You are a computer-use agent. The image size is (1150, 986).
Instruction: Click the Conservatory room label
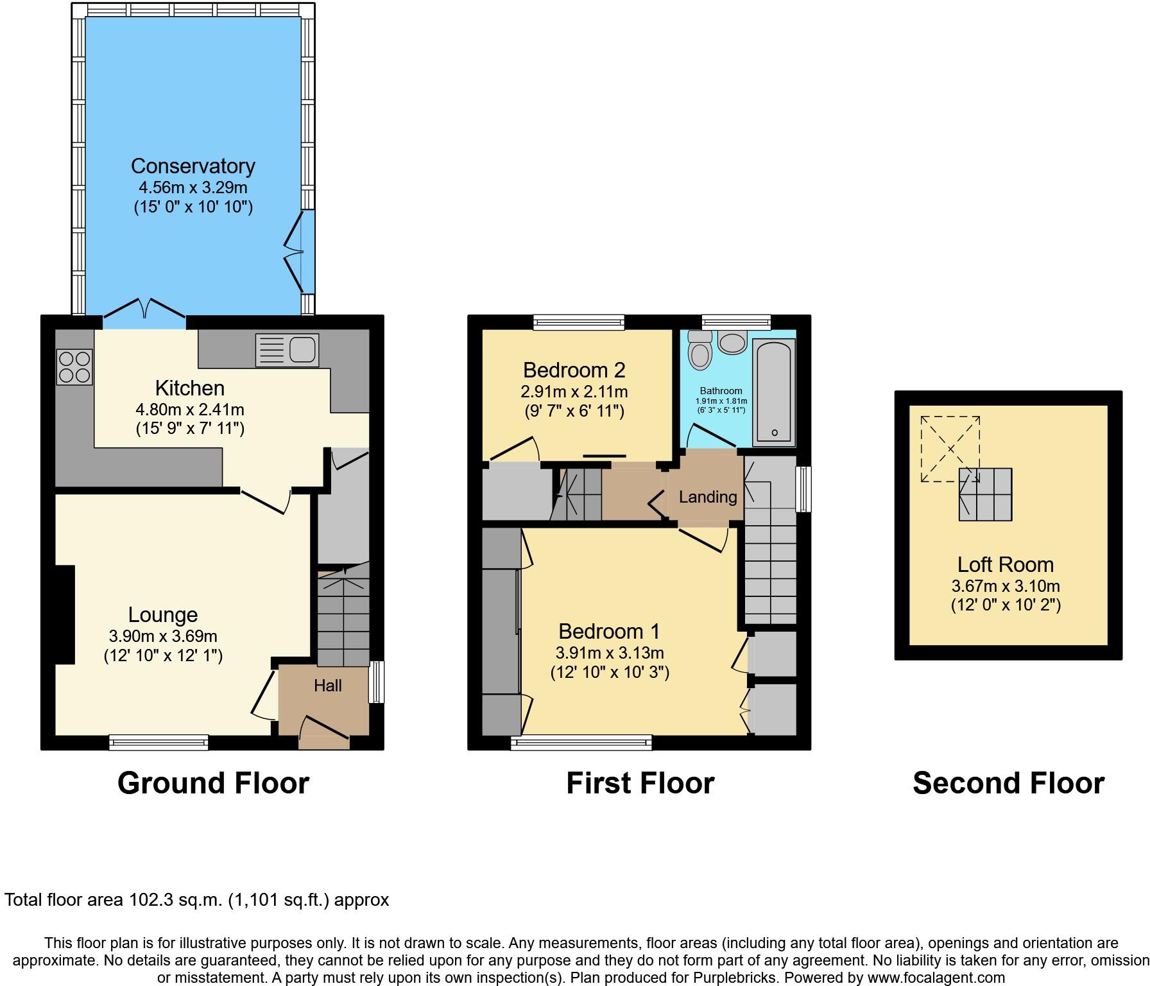click(x=193, y=166)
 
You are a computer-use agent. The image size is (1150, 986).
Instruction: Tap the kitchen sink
click(x=287, y=350)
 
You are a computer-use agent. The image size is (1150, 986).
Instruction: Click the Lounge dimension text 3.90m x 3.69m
click(x=163, y=636)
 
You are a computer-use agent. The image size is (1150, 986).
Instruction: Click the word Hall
click(x=327, y=686)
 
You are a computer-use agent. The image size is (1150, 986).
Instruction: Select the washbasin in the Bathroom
click(x=733, y=342)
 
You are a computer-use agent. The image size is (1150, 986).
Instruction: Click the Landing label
click(x=708, y=497)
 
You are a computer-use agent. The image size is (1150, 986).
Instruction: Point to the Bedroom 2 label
click(x=574, y=370)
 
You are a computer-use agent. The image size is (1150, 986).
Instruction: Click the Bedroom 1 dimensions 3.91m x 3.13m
click(x=609, y=653)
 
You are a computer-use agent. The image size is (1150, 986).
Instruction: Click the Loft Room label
click(x=1005, y=565)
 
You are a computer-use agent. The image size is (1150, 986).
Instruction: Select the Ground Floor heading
click(x=213, y=783)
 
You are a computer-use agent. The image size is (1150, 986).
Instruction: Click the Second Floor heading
click(x=1008, y=783)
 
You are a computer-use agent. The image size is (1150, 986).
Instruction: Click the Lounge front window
click(x=159, y=743)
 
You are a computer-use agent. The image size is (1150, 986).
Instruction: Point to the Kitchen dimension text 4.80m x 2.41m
click(x=190, y=410)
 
